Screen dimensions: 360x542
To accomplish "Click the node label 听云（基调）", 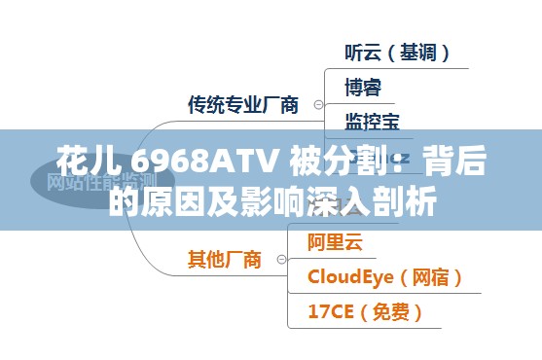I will coord(397,53).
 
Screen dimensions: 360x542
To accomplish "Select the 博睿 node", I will coord(363,87).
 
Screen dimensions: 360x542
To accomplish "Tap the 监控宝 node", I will coord(372,121).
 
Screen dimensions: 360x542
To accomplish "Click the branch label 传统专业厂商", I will coord(243,105).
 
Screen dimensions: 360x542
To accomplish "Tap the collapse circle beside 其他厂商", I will coord(282,260).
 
